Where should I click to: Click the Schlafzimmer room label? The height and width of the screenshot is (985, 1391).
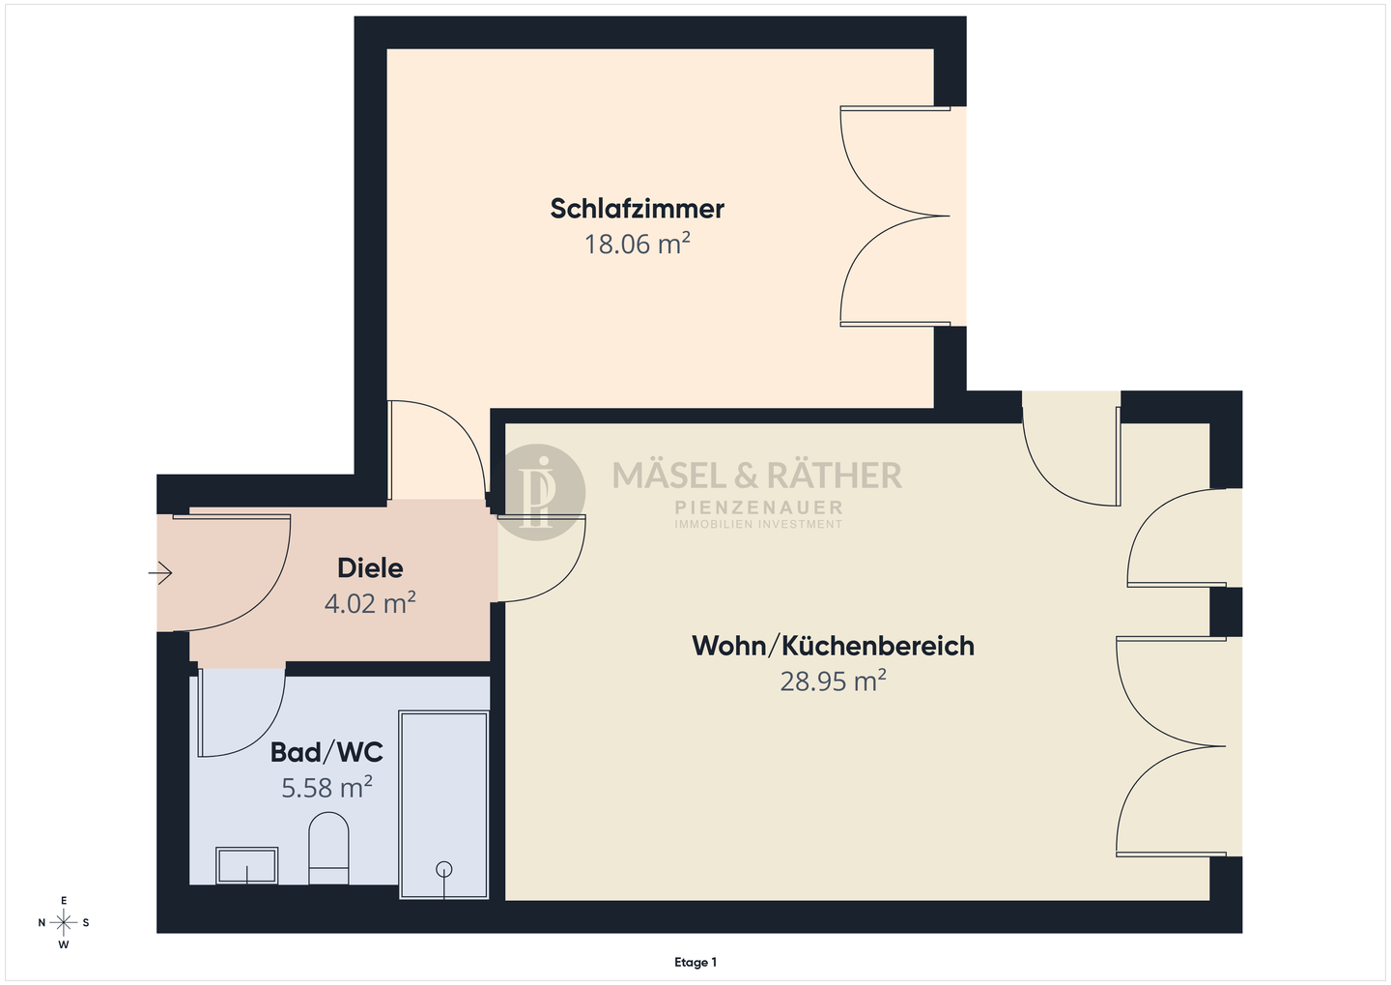click(x=637, y=209)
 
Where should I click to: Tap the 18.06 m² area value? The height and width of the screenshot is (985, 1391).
click(x=637, y=244)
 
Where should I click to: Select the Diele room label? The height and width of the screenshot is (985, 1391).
click(x=370, y=568)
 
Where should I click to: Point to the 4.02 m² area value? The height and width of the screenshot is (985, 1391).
click(x=370, y=604)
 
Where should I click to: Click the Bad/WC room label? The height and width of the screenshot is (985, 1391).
click(x=326, y=752)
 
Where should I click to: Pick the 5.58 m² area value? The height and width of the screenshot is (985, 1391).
click(x=326, y=788)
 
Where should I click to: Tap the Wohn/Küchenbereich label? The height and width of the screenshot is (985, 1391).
click(x=833, y=646)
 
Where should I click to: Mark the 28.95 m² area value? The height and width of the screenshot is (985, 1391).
click(x=833, y=681)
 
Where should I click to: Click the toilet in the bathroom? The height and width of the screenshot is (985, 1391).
click(x=328, y=848)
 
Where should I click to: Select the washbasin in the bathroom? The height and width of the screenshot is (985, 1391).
click(x=247, y=865)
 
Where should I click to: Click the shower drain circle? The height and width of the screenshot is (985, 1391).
click(x=444, y=868)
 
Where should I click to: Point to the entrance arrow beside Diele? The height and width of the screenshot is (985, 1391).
click(x=160, y=574)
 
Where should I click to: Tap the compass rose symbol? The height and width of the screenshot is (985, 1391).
click(x=64, y=922)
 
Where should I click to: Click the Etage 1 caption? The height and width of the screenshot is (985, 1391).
click(x=695, y=962)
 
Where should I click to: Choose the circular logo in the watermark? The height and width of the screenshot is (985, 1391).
click(x=541, y=491)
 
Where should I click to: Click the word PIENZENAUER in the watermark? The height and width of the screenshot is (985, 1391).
click(x=758, y=507)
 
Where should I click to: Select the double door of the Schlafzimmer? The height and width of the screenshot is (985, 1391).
click(x=894, y=216)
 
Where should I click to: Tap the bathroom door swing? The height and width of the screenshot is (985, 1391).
click(x=241, y=710)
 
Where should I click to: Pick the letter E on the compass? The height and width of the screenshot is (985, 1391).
click(x=64, y=900)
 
